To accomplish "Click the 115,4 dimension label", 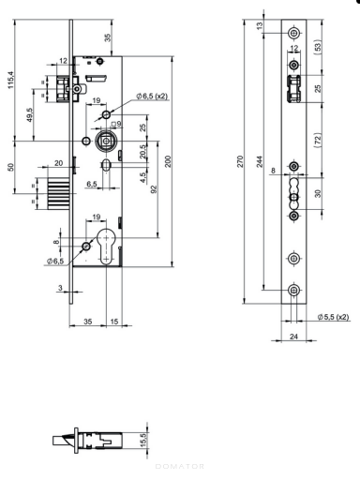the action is point(11,80).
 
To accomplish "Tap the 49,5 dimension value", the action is point(29,115).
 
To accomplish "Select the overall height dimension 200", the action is point(168,161).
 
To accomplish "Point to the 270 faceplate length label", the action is point(240,161).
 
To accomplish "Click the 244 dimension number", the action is point(260,161).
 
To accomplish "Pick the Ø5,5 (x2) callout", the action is point(333,317).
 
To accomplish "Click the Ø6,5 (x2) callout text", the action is point(152,96).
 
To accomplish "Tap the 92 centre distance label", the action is point(154,189).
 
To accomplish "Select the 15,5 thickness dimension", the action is point(143,440).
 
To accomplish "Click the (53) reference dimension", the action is point(318,47).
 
